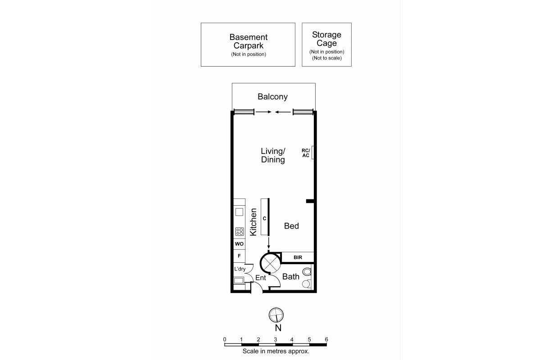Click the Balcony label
click(272, 97)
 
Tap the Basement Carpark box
click(248, 45)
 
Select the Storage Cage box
click(327, 45)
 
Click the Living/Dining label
click(273, 155)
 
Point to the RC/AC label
click(306, 153)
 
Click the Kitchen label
click(253, 222)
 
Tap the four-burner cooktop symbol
click(240, 231)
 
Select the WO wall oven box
click(239, 244)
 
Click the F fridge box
click(239, 256)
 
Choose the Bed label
click(291, 226)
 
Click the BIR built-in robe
click(298, 257)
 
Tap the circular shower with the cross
click(270, 263)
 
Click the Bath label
click(291, 277)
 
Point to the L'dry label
click(240, 269)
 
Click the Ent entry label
click(261, 278)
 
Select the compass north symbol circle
click(276, 315)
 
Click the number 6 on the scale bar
click(326, 340)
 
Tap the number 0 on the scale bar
click(225, 340)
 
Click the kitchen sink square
click(239, 212)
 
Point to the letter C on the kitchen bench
click(264, 218)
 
